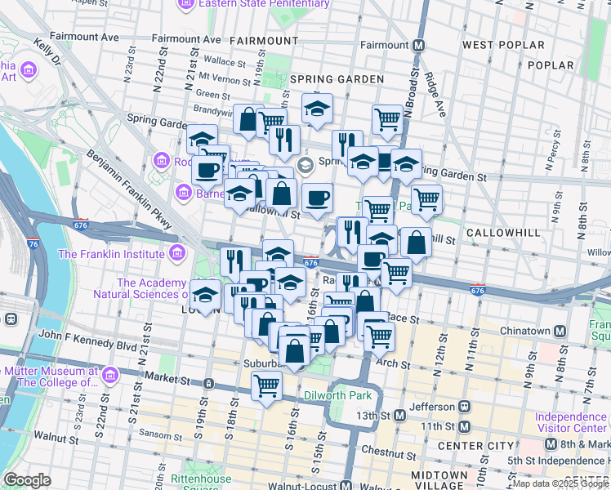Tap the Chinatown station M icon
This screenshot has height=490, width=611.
pyautogui.click(x=560, y=331)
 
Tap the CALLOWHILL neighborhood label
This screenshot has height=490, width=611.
pyautogui.click(x=503, y=233)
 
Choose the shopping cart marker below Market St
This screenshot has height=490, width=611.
pyautogui.click(x=266, y=385)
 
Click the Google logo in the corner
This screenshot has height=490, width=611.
pyautogui.click(x=28, y=480)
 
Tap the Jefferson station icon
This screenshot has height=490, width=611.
pyautogui.click(x=464, y=405)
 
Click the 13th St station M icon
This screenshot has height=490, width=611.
pyautogui.click(x=399, y=415)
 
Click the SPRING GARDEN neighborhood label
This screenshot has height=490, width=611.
pyautogui.click(x=337, y=79)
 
